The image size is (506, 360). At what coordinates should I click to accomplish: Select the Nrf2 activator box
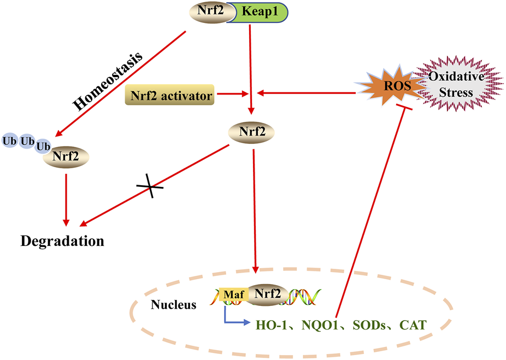[x=169, y=96]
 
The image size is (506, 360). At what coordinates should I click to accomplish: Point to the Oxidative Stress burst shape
[x=457, y=85]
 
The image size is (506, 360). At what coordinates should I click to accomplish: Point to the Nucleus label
[x=174, y=305]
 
